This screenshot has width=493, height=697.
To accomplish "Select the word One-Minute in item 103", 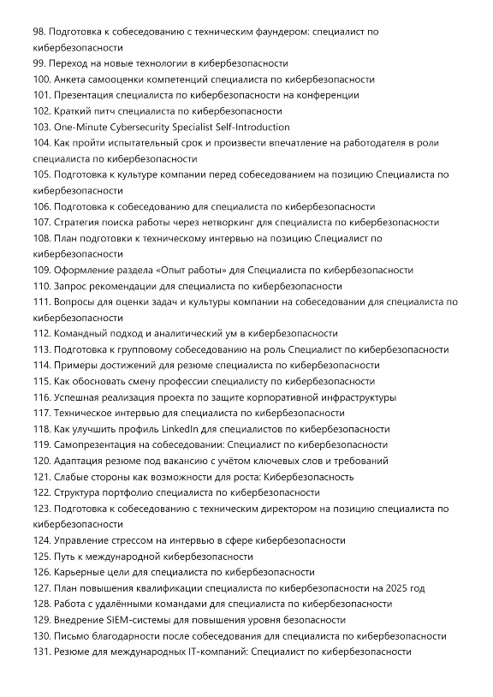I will (80, 127).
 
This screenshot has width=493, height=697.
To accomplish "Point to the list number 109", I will (42, 270).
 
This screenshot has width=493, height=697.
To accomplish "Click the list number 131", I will (41, 652).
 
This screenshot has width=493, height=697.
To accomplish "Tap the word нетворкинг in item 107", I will (205, 223).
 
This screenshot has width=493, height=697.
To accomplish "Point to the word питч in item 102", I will (104, 111).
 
